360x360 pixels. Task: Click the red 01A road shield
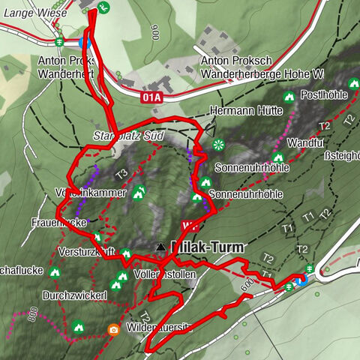click(x=151, y=97)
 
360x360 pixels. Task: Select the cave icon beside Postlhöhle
click(x=289, y=97)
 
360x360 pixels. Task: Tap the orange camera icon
click(x=113, y=328)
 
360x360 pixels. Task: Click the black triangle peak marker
click(x=160, y=247)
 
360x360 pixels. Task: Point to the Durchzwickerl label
click(x=75, y=295)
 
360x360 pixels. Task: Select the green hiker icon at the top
click(x=104, y=7)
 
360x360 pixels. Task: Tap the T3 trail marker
click(x=121, y=174)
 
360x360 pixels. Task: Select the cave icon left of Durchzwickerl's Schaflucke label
click(x=55, y=271)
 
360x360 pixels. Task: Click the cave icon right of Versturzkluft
click(x=126, y=253)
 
